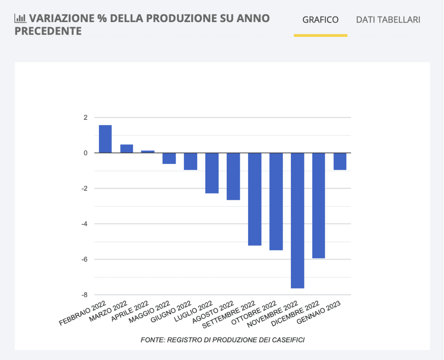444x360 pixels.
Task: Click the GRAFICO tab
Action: (320, 20)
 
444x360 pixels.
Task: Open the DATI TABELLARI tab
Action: (388, 20)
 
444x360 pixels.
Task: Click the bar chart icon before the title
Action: (20, 18)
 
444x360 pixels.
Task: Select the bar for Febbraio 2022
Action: (105, 139)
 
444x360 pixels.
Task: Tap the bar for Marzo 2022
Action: (127, 148)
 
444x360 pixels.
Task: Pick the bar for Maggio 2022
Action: (169, 158)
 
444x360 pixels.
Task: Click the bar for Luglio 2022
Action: (212, 173)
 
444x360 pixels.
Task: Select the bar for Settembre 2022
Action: (255, 199)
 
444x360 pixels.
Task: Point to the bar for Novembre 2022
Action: (297, 220)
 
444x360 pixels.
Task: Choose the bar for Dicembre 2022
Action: (319, 206)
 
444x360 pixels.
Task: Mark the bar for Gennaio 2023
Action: (340, 161)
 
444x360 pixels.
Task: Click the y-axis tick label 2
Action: (85, 118)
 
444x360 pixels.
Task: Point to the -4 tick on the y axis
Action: (84, 224)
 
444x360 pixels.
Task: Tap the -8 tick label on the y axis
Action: (84, 295)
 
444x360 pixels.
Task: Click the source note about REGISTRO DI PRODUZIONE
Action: (222, 340)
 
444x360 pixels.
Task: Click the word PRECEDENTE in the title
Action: (48, 31)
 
